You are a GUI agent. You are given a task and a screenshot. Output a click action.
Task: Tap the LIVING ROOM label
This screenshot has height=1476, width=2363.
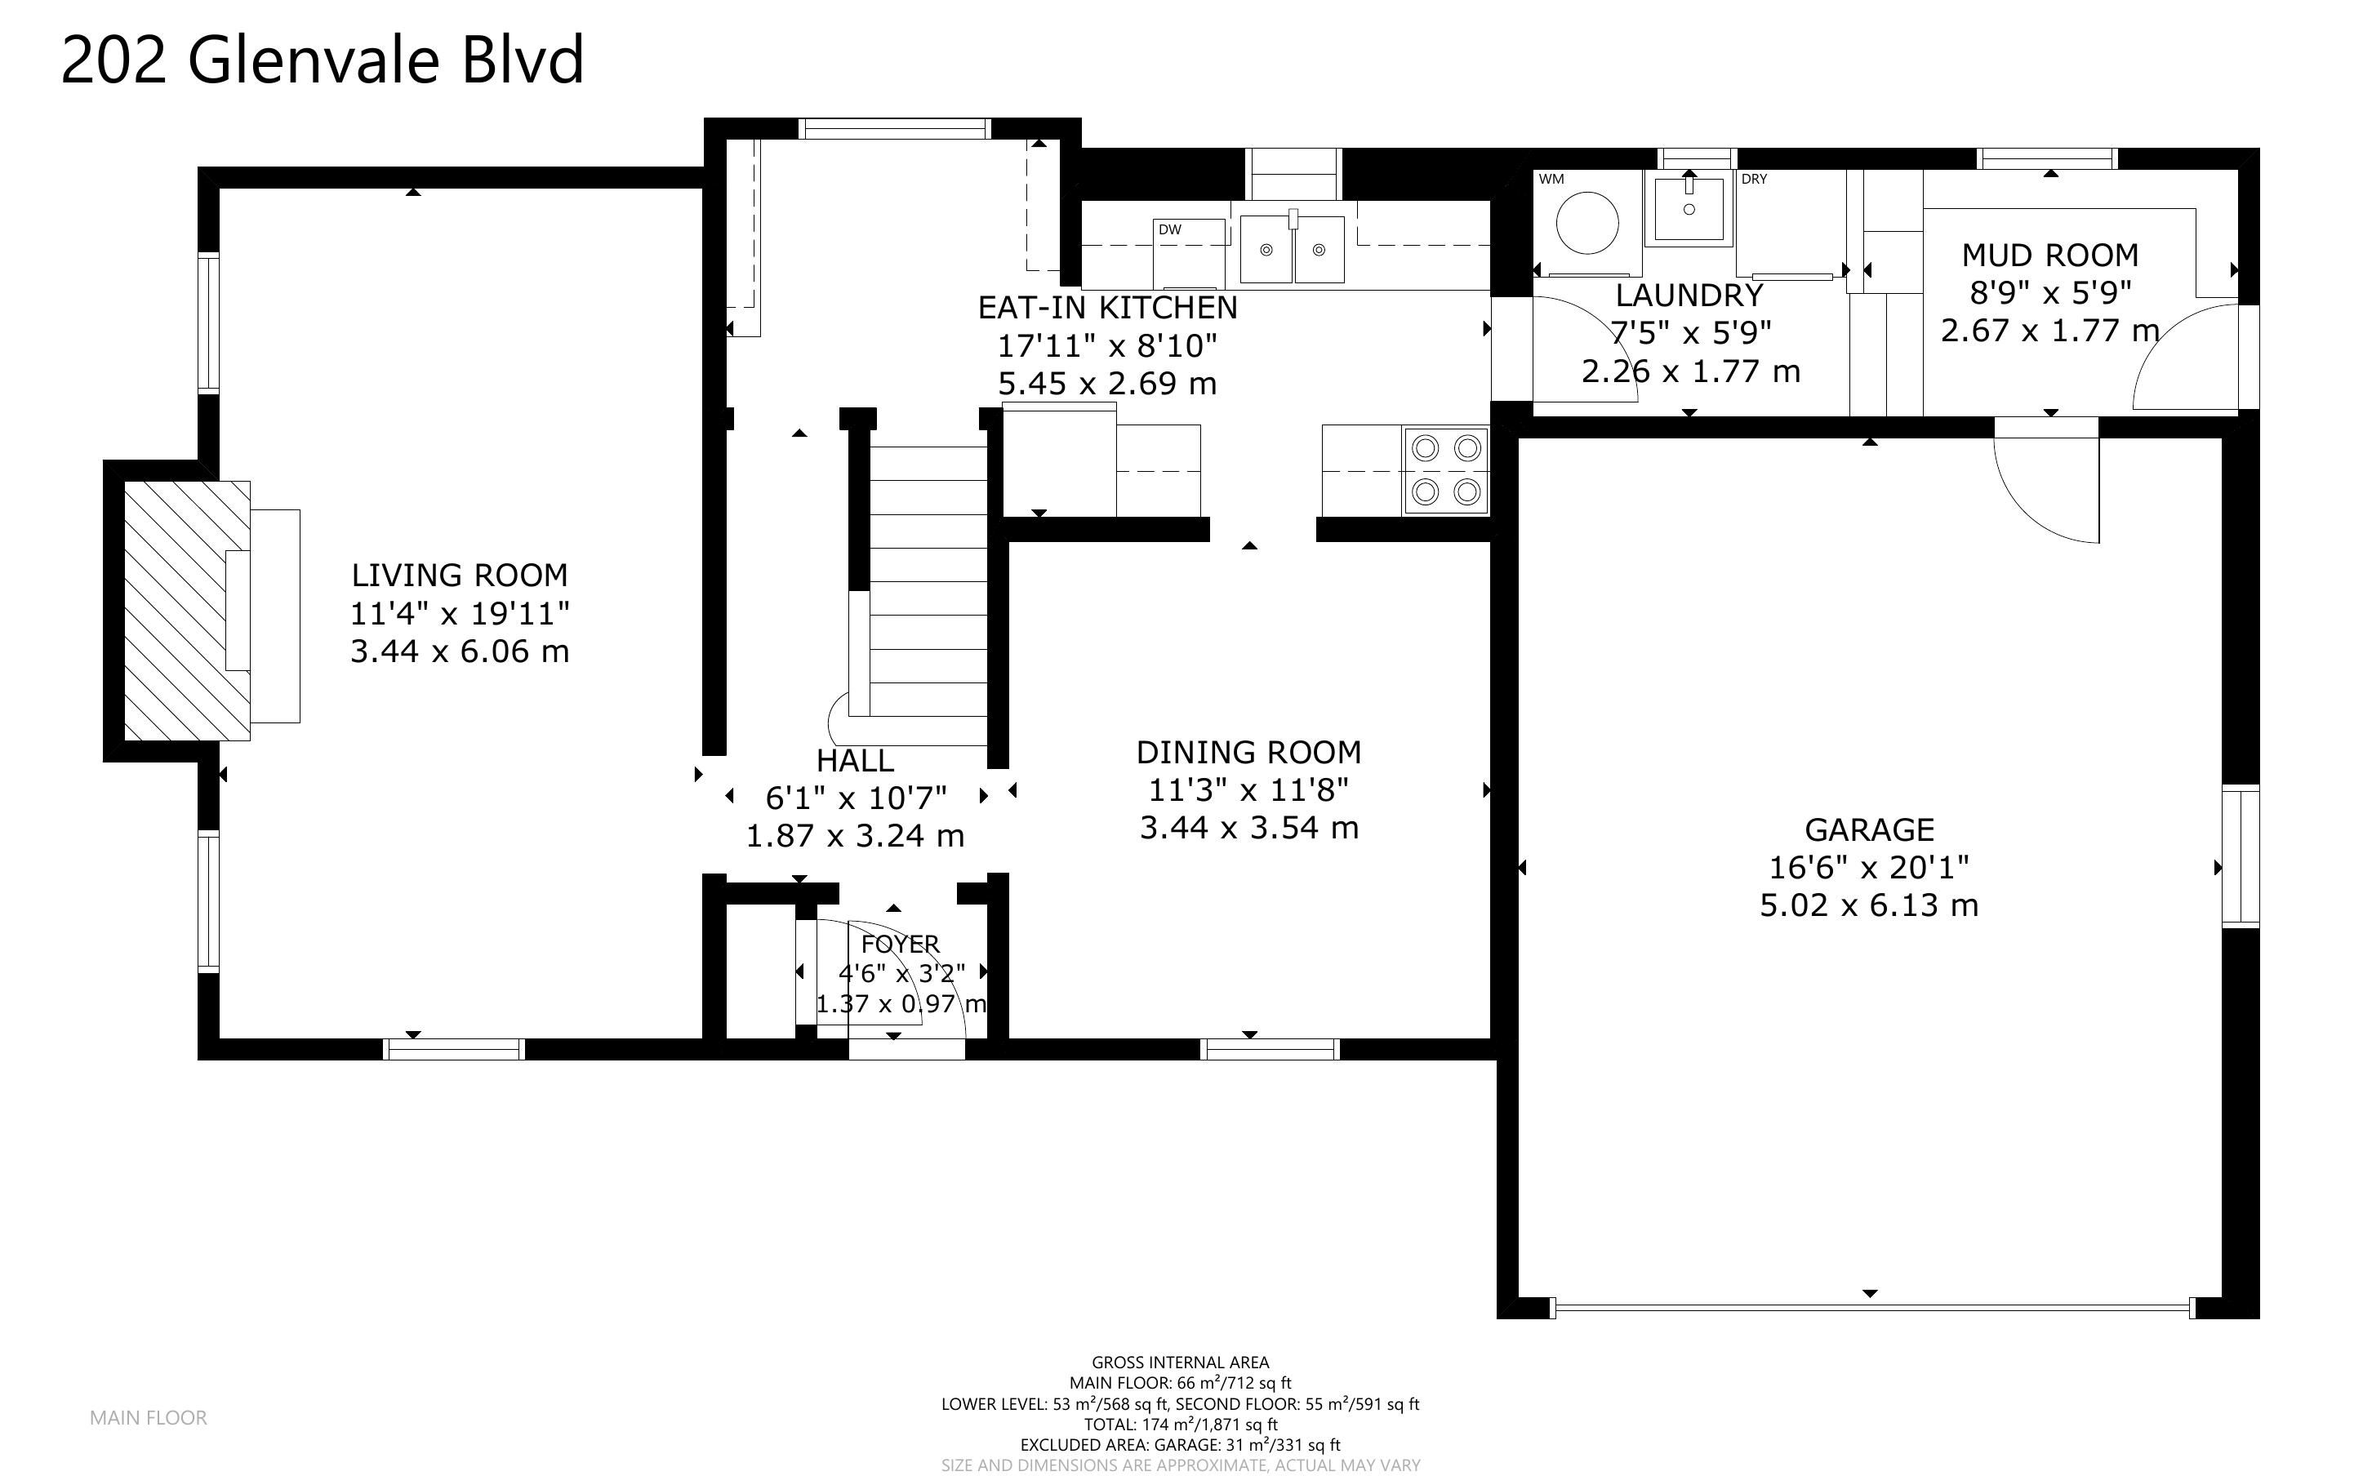[x=460, y=575]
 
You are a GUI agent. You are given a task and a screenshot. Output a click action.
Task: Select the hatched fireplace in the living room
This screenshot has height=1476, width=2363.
[x=188, y=610]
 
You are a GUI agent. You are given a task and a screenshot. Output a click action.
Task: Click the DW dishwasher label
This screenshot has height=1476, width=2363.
[x=1169, y=230]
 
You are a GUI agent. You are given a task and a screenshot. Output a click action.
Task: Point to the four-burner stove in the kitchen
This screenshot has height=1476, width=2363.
[x=1445, y=470]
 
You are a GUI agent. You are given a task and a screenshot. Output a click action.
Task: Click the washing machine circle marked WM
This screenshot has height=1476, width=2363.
[x=1587, y=224]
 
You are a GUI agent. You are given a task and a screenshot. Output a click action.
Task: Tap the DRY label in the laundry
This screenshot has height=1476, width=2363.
[x=1754, y=180]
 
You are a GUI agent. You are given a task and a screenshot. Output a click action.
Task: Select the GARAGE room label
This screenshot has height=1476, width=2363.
[x=1869, y=829]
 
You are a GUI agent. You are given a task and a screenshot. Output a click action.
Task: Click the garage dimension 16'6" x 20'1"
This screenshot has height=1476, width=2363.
[x=1869, y=867]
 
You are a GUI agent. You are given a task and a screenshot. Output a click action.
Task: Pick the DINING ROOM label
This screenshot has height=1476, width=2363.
[x=1248, y=753]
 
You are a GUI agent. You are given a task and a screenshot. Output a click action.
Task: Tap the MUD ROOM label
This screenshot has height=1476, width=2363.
[x=2049, y=256]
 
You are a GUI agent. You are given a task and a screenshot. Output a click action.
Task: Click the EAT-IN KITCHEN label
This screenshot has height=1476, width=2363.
[x=1108, y=308]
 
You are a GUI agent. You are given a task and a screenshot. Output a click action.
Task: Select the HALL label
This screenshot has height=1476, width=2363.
[x=855, y=761]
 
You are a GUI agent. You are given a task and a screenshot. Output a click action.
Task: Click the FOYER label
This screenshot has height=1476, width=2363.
[x=900, y=944]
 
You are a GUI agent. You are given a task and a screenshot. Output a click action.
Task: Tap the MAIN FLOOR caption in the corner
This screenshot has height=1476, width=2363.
[x=149, y=1417]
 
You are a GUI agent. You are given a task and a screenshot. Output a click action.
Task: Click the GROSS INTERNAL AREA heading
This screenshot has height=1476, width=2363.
[x=1180, y=1362]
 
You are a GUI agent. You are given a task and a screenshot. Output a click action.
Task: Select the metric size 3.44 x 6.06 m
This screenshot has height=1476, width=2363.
[x=460, y=651]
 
